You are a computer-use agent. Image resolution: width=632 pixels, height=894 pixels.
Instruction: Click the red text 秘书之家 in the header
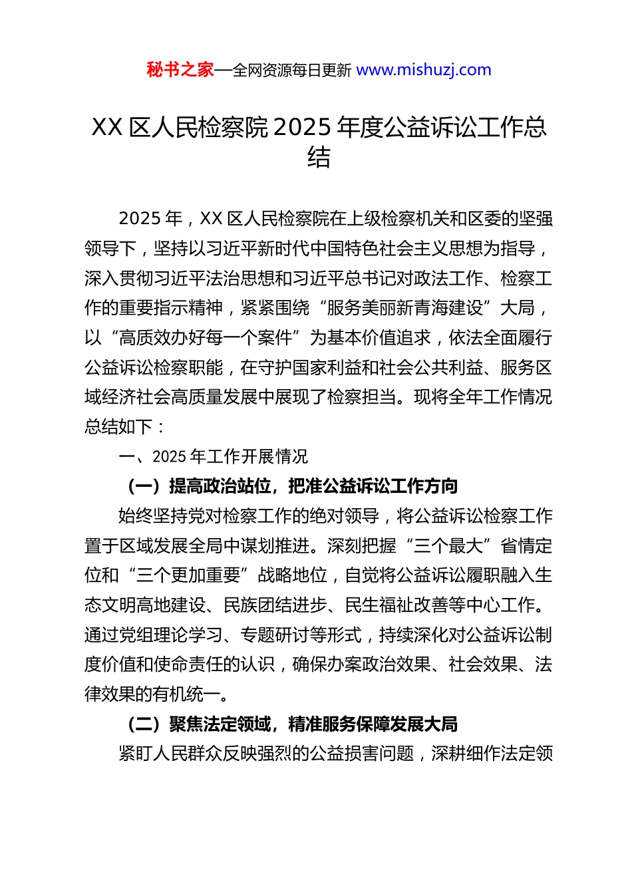tap(180, 70)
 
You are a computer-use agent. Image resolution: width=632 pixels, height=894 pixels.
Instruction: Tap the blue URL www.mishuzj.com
tap(424, 70)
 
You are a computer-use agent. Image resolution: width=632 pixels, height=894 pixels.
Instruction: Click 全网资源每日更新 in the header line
tap(291, 70)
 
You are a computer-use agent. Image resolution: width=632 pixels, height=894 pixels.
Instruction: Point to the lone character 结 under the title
tap(319, 158)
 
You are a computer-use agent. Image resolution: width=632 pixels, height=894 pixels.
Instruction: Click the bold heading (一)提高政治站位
tap(198, 486)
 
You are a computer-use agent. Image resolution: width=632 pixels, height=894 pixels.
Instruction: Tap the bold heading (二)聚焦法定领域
tap(198, 724)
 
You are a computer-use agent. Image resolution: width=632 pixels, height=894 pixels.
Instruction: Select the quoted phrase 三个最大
tap(448, 545)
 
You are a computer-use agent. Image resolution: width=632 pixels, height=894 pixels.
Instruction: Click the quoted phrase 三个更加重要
tap(188, 575)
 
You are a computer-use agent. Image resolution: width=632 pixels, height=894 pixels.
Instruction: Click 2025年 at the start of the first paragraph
tap(150, 218)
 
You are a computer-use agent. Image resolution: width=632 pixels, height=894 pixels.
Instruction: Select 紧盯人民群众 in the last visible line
tap(170, 753)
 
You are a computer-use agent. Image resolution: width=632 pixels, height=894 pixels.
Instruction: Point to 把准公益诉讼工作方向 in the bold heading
tap(373, 486)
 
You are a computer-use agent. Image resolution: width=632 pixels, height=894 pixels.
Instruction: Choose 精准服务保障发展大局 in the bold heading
tap(373, 724)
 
